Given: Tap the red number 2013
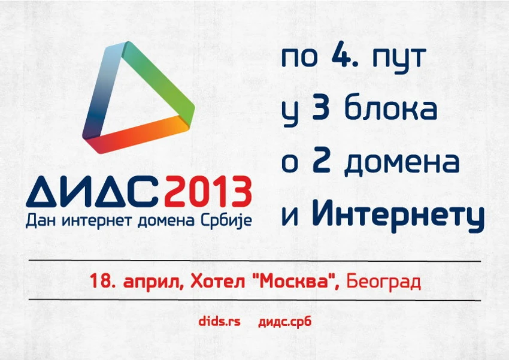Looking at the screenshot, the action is tap(208, 192).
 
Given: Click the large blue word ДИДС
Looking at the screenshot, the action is tap(94, 192).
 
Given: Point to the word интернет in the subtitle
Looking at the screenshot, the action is tap(98, 221).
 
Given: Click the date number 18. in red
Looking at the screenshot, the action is tap(102, 281).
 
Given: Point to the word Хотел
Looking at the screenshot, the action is tap(217, 281).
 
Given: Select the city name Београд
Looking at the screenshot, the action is tap(384, 282).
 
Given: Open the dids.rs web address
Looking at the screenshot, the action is tap(219, 322).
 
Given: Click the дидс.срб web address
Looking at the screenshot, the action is tap(284, 322).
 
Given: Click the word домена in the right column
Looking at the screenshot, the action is tap(402, 162).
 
